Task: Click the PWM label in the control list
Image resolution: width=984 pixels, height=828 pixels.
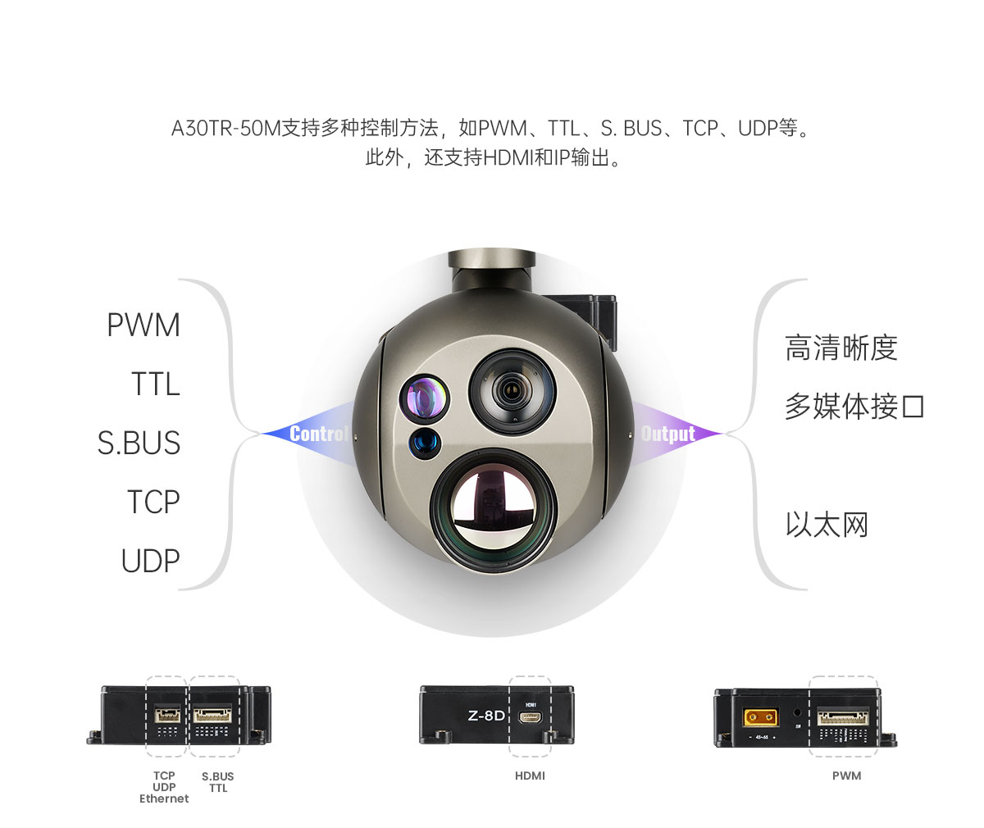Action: click(x=143, y=325)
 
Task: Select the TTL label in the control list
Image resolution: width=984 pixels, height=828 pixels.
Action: click(x=156, y=384)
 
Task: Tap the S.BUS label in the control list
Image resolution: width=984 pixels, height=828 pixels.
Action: click(x=139, y=443)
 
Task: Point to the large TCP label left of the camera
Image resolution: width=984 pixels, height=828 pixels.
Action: click(x=153, y=502)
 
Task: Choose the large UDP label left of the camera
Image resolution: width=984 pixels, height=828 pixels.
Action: click(x=151, y=560)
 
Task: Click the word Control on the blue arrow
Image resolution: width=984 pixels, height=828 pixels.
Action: click(x=319, y=434)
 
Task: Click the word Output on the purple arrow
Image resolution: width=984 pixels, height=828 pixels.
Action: click(x=668, y=434)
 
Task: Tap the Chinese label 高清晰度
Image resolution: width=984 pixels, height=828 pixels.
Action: click(x=841, y=348)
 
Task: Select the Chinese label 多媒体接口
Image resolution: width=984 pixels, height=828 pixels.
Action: click(x=854, y=407)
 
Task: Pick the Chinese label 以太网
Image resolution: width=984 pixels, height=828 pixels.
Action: click(x=827, y=525)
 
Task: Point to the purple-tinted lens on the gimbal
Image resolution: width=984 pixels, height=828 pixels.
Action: click(x=424, y=399)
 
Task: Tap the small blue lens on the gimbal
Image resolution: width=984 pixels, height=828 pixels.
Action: click(x=425, y=443)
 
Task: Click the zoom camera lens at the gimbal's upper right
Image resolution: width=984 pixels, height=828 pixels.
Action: click(x=512, y=391)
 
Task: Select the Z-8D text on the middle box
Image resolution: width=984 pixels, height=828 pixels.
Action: click(x=486, y=716)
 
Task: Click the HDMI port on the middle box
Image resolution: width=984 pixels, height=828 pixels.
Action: click(x=531, y=717)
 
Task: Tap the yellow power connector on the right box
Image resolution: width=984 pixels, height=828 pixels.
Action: click(x=760, y=718)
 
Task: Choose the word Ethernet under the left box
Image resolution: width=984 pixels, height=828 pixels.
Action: click(x=164, y=798)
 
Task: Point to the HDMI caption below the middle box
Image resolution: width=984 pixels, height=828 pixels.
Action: click(x=531, y=776)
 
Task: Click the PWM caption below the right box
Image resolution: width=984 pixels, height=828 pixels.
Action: click(x=846, y=776)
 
